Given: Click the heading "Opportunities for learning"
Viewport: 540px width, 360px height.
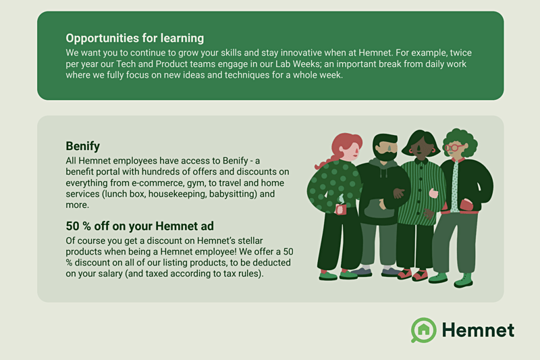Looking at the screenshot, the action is click(134, 38).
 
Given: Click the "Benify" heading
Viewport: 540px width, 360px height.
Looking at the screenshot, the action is click(82, 146).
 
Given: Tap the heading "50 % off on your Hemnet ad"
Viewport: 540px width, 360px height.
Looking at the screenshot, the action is click(140, 226).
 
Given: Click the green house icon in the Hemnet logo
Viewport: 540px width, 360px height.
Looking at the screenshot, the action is click(424, 330).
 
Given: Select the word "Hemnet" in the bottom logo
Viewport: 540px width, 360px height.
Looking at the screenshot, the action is click(478, 330).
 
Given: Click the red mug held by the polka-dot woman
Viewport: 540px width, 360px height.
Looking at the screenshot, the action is click(341, 209).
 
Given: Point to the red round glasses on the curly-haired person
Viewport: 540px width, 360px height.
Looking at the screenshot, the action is click(453, 148).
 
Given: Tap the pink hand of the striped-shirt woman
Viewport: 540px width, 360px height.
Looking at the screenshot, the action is click(433, 193).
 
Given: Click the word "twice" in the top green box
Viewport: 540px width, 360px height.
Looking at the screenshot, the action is click(461, 53).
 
